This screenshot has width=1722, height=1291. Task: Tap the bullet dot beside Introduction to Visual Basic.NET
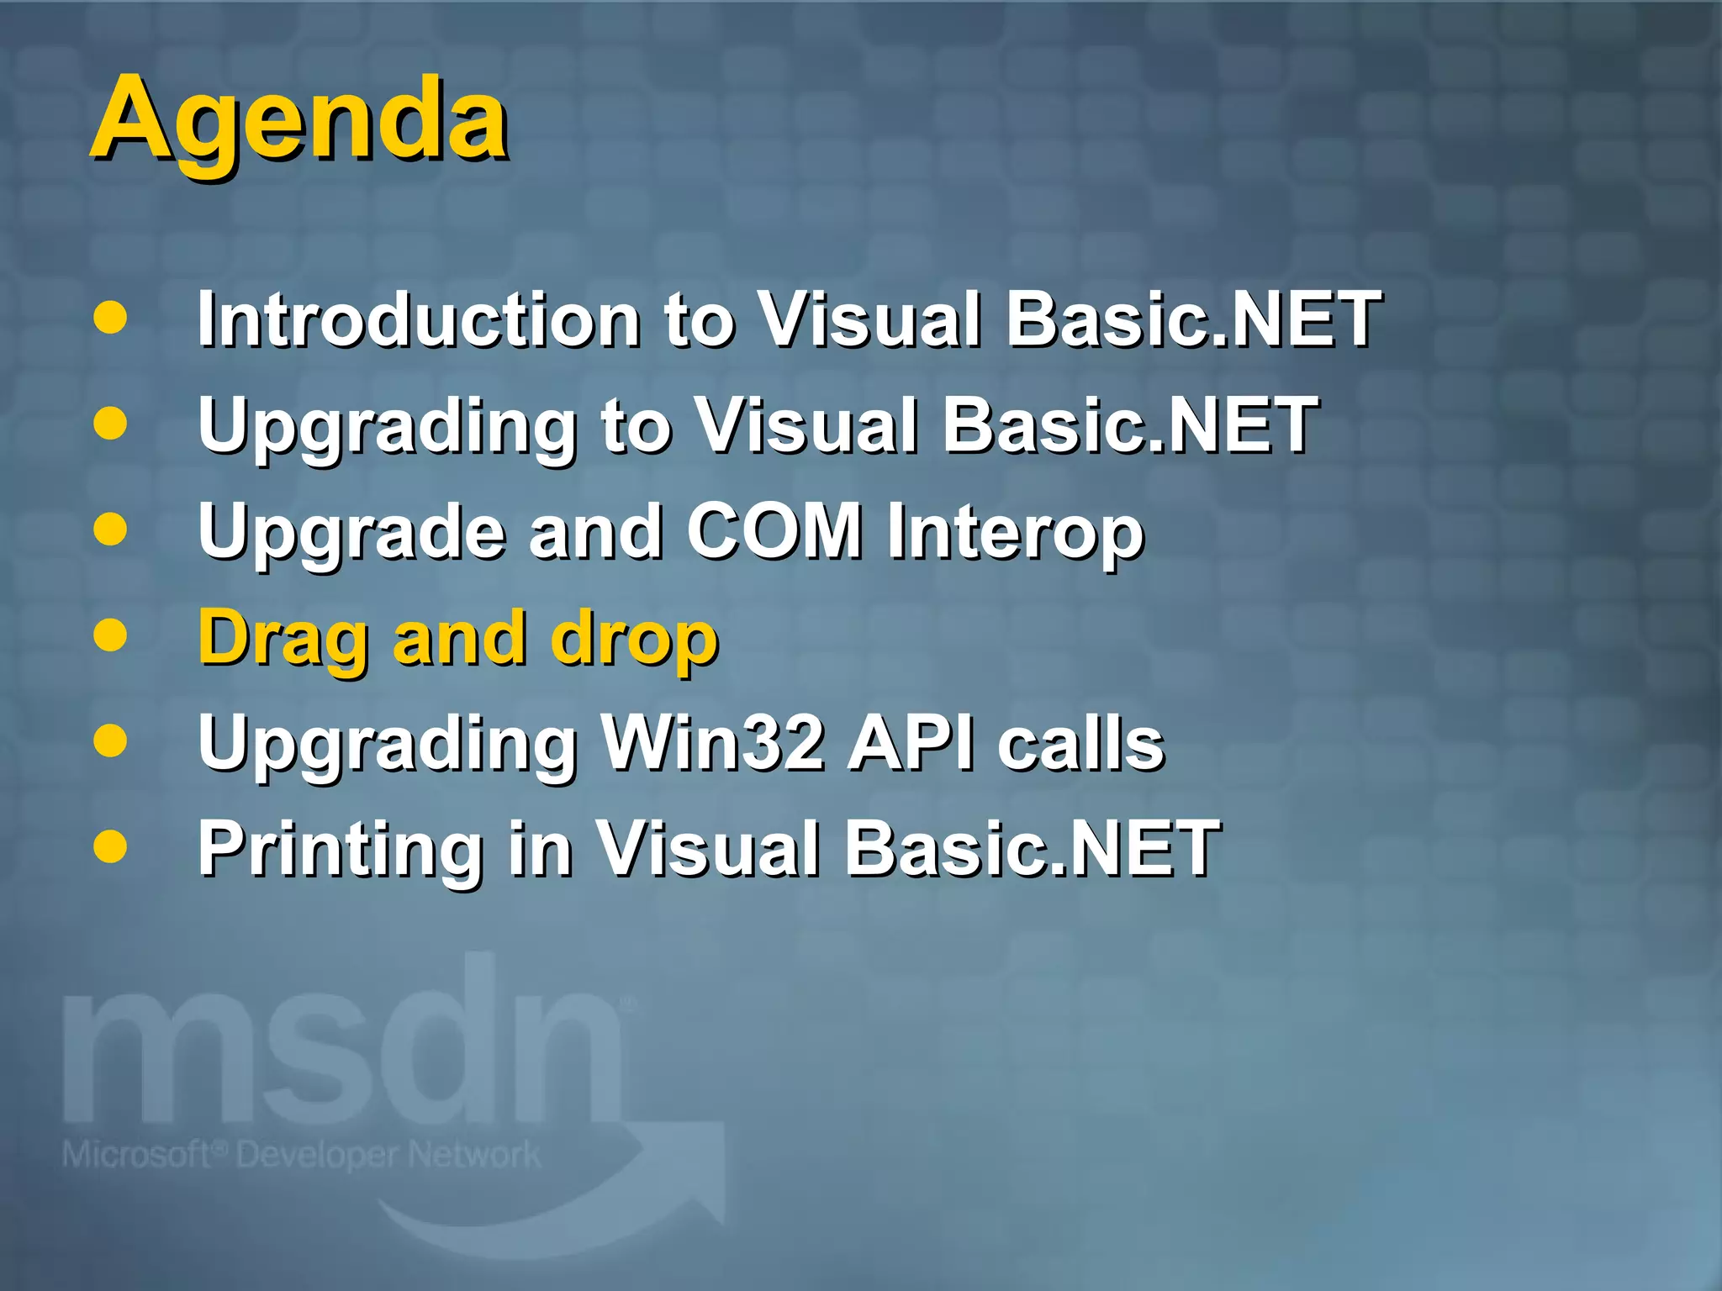click(110, 318)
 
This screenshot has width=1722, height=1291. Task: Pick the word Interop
click(1016, 532)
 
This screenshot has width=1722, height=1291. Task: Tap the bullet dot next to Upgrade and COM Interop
click(110, 530)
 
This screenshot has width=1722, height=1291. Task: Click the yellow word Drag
click(283, 639)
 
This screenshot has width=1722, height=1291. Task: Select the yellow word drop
click(634, 639)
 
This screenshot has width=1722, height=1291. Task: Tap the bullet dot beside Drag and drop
click(110, 635)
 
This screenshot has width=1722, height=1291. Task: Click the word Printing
click(340, 849)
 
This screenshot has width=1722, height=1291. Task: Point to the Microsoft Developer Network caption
click(301, 1155)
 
